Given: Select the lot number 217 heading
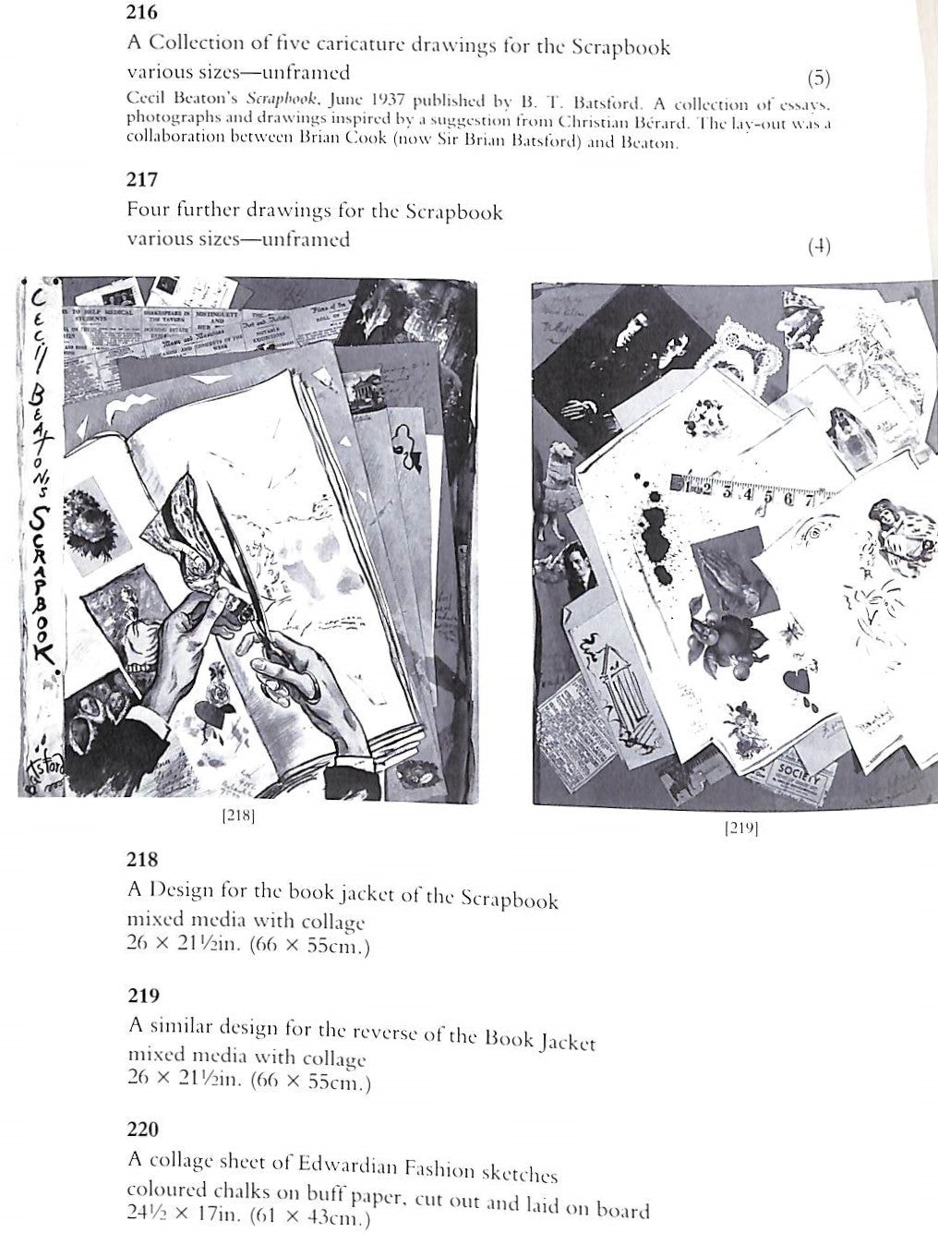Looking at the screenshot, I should coord(142,179).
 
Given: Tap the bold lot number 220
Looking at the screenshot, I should coord(142,1129).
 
